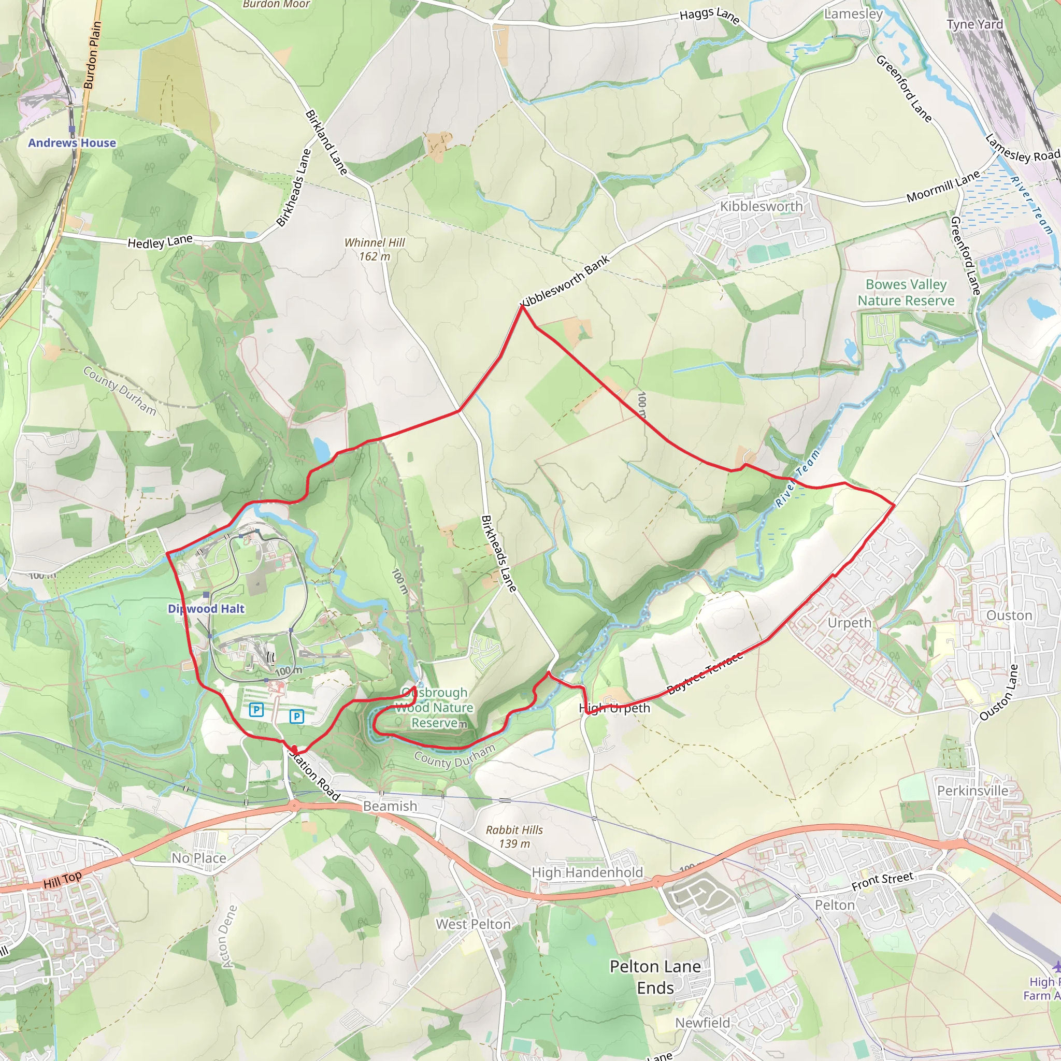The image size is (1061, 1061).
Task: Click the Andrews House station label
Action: point(72,143)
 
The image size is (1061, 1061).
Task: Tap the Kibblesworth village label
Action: point(761,207)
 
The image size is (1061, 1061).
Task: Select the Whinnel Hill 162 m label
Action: point(375,249)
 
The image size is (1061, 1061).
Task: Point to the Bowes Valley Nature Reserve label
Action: point(906,293)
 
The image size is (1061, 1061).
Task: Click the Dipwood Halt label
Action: point(206,609)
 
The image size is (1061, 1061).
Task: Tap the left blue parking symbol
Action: point(256,710)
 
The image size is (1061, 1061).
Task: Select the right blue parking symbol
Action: point(296,716)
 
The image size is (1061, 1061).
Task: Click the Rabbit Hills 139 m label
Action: point(514,836)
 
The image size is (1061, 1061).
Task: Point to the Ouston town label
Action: point(1009,615)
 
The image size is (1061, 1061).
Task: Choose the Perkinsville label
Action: point(972,791)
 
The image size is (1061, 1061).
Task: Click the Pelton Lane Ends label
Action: point(655,977)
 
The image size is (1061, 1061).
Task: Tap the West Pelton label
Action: point(474,924)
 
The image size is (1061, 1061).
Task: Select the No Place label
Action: point(199,858)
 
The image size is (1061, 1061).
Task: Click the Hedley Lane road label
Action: point(160,241)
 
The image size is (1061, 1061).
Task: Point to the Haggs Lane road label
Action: point(710,16)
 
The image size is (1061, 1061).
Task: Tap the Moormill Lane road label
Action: point(943,187)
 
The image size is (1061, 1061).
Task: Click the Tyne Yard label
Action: point(975,24)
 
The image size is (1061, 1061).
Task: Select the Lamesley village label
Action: point(853,14)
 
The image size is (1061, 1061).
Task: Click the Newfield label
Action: point(702,1023)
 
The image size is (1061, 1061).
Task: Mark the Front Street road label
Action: point(882,881)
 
